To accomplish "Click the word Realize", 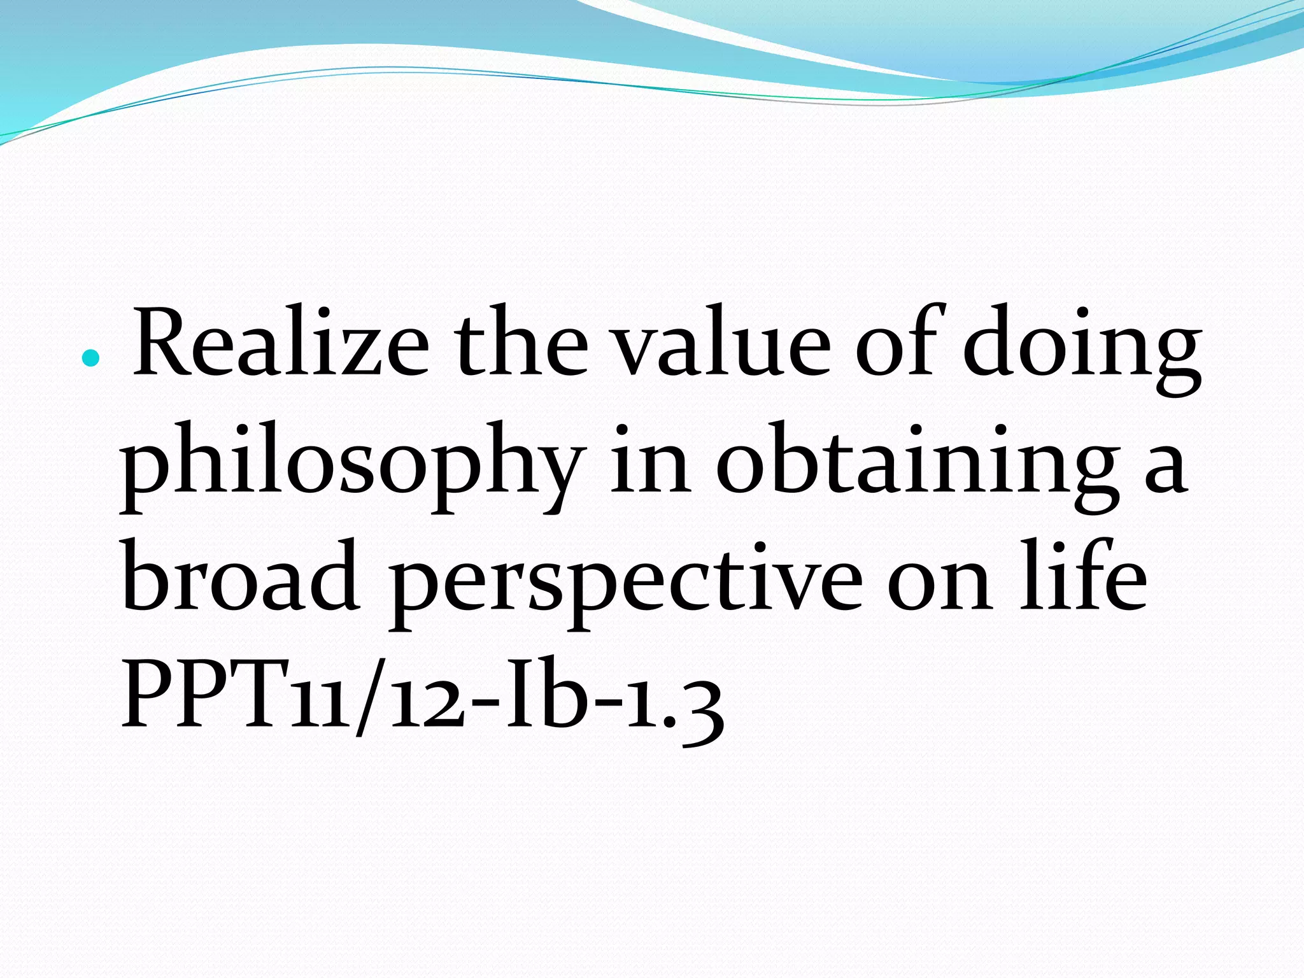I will click(280, 344).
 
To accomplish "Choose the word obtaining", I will click(918, 465).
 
